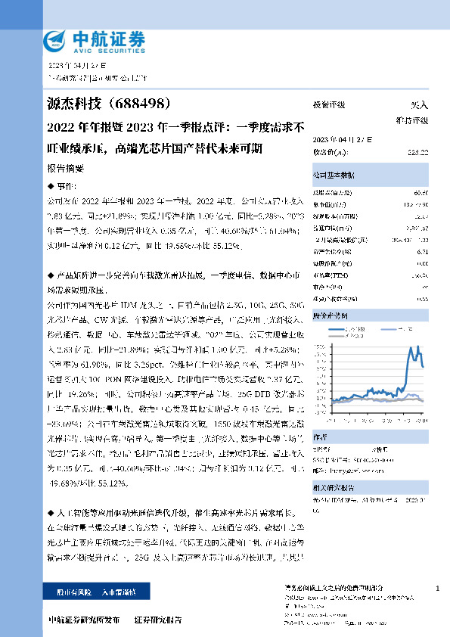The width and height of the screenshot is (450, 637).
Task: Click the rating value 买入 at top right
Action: click(x=419, y=105)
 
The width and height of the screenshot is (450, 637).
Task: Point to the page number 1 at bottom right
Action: click(x=438, y=588)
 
